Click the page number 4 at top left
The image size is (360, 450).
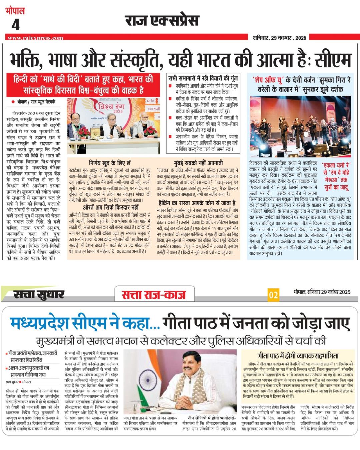15,25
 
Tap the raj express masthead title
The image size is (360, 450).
162,21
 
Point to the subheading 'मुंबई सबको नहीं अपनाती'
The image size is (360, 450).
198,163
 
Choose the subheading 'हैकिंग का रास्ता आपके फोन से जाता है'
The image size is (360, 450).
197,203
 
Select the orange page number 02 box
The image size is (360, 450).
273,295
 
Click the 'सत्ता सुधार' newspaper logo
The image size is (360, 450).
39,294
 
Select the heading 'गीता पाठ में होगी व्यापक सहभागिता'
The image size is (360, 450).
297,355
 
